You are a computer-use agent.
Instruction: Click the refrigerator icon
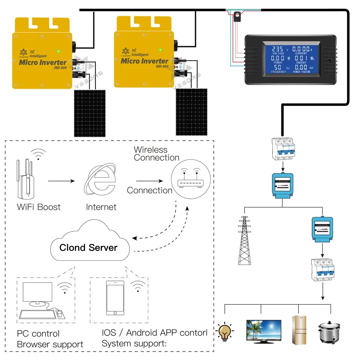click(x=299, y=328)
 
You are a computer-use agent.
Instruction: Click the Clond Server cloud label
click(x=88, y=247)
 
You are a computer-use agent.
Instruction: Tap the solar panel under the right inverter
click(x=191, y=112)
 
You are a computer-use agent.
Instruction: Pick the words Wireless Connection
click(x=156, y=153)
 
